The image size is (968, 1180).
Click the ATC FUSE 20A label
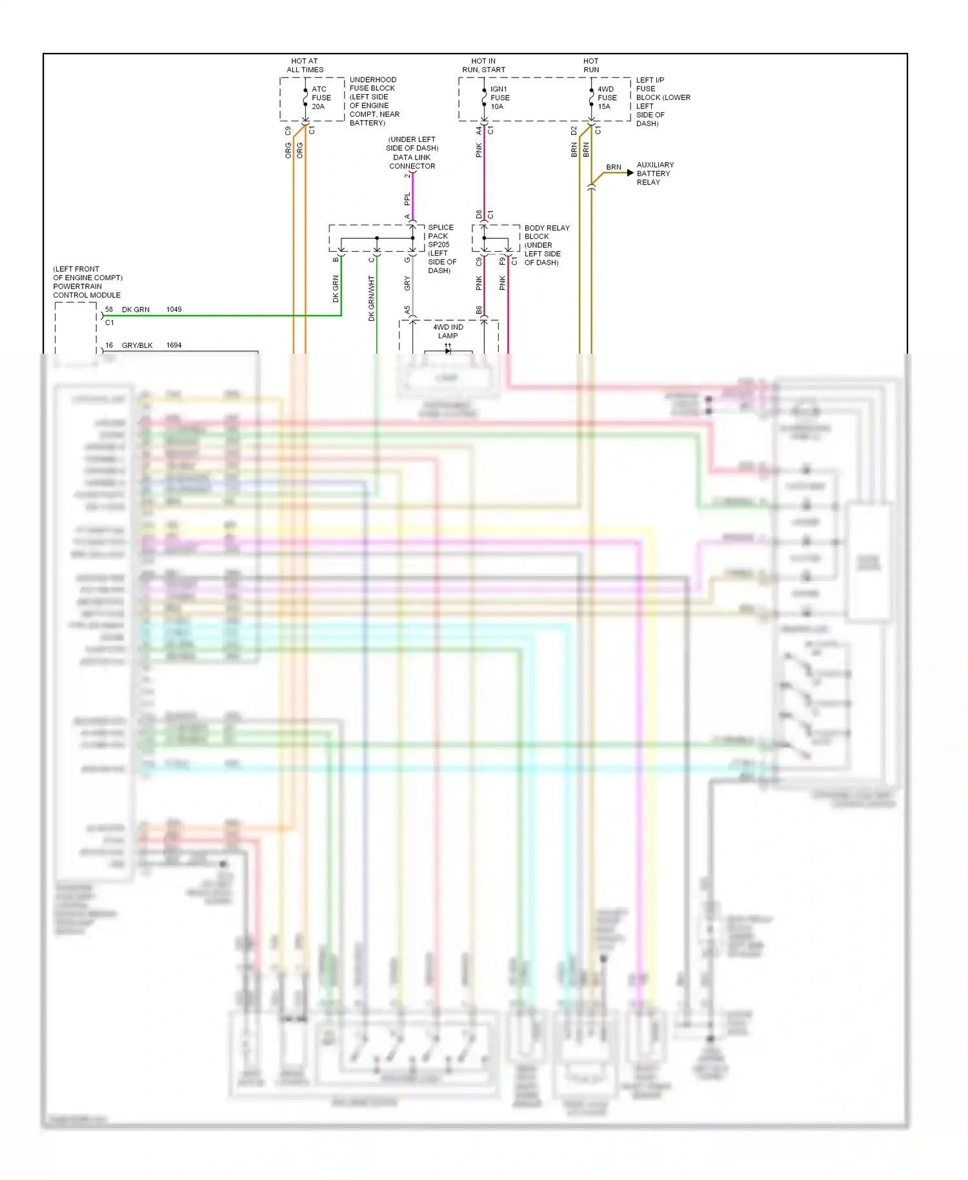click(321, 98)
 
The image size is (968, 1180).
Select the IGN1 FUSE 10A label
click(499, 98)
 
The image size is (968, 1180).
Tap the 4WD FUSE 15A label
click(607, 98)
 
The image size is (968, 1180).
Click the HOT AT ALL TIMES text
click(305, 65)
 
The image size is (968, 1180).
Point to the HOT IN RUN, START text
click(483, 65)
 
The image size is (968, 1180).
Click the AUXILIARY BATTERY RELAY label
click(654, 174)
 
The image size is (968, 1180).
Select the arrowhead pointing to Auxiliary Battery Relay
click(630, 173)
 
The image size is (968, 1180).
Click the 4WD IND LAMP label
click(448, 331)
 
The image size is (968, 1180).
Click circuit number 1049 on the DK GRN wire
click(174, 310)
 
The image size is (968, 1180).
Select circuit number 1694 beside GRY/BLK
click(174, 345)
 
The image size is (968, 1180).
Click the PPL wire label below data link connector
click(407, 199)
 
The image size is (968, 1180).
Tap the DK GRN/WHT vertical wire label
click(372, 298)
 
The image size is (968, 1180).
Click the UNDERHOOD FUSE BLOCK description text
click(374, 101)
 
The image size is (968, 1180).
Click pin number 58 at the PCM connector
click(109, 310)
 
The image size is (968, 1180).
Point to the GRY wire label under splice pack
click(407, 283)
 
